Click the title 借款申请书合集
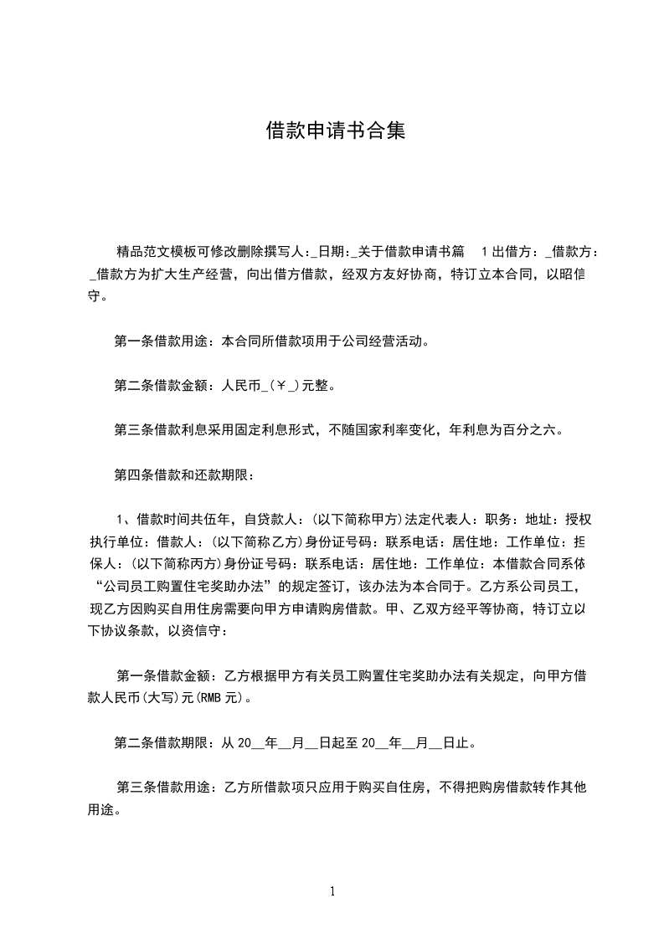(x=335, y=131)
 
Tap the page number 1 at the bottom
(x=332, y=892)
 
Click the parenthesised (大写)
(x=160, y=697)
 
